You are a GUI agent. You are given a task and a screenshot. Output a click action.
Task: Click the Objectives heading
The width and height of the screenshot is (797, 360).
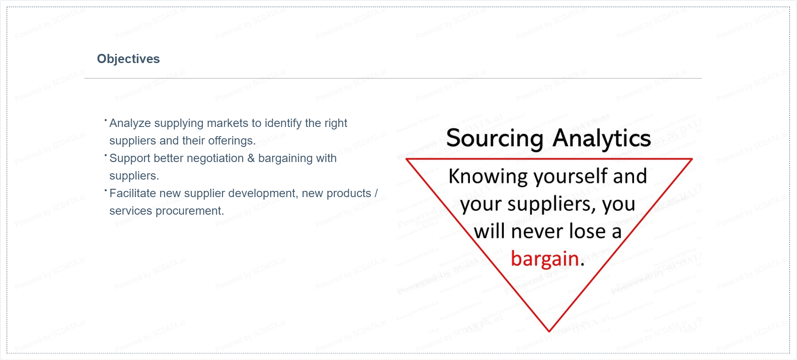click(x=128, y=59)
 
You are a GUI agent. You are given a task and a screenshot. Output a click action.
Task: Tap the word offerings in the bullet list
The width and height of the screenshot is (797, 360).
click(x=232, y=141)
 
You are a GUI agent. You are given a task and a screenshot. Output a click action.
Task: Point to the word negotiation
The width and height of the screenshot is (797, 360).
click(x=198, y=159)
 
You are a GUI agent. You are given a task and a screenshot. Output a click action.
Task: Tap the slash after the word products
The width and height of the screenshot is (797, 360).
click(x=376, y=193)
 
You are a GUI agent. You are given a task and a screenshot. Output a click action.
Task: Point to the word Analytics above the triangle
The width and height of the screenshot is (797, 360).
click(x=602, y=138)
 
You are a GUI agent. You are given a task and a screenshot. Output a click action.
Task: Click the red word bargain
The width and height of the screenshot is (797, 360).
click(x=545, y=259)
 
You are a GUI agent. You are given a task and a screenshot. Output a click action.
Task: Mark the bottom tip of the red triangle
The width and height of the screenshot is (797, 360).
click(x=549, y=332)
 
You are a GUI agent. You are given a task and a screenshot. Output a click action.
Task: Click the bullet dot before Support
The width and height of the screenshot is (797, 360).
click(x=106, y=155)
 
